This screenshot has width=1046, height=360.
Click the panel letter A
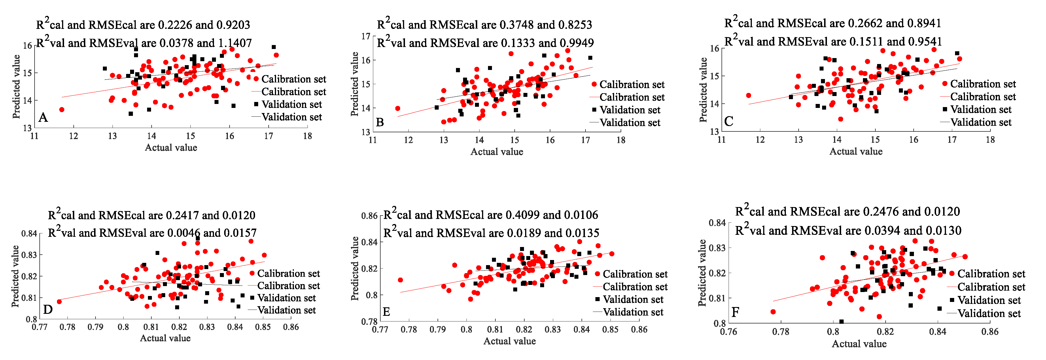(x=43, y=118)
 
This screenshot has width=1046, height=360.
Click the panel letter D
(x=48, y=310)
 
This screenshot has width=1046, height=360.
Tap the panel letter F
(x=735, y=312)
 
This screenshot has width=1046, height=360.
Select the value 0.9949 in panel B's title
(x=577, y=43)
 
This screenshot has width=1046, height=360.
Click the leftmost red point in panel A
(x=62, y=110)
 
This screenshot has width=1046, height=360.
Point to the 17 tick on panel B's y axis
(x=366, y=37)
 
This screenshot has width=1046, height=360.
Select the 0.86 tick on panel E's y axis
(x=370, y=216)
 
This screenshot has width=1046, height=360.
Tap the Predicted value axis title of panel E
(x=355, y=269)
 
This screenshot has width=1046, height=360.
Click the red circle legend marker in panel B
(x=594, y=84)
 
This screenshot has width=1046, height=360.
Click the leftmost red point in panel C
(x=749, y=96)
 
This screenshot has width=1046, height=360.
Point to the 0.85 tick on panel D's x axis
(x=263, y=327)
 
